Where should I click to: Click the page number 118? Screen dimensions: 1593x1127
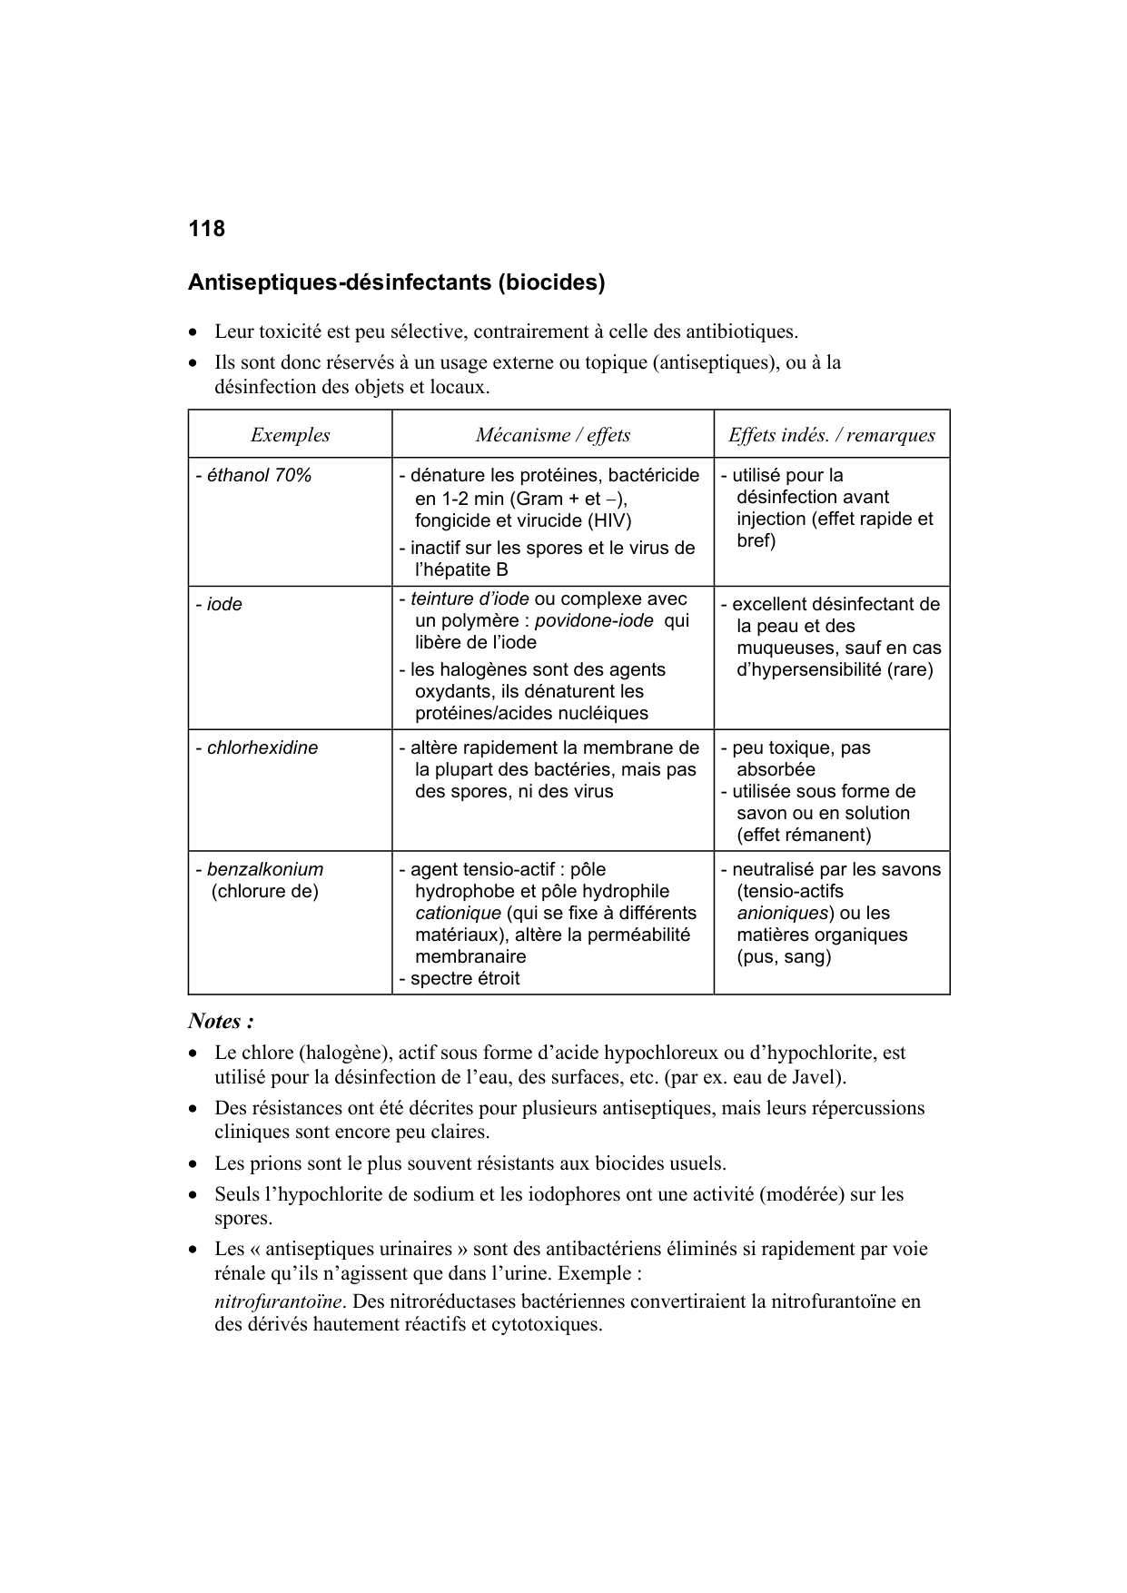click(206, 229)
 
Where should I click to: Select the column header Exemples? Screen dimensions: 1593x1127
click(290, 435)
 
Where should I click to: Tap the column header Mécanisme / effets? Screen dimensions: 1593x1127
click(552, 435)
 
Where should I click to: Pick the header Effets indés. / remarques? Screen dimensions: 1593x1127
click(831, 435)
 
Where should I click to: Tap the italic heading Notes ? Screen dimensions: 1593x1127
click(220, 1022)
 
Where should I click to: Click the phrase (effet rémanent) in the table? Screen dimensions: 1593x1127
click(804, 835)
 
